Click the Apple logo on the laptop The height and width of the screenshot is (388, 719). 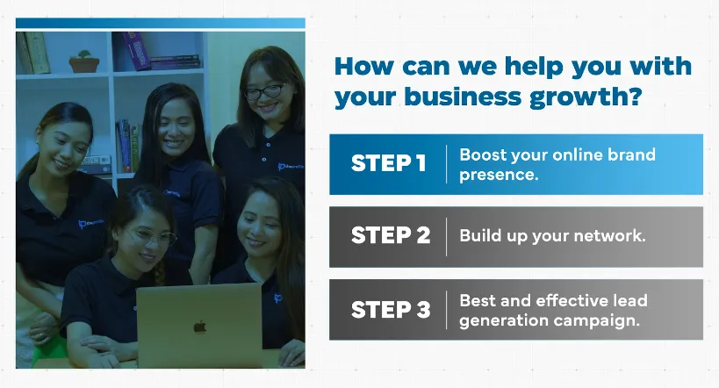point(199,327)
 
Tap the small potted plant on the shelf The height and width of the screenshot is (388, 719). point(84,61)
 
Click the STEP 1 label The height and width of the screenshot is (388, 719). point(389,163)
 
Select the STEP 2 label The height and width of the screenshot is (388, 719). point(391,235)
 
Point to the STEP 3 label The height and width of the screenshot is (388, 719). point(391,310)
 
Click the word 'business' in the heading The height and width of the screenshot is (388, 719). point(463,97)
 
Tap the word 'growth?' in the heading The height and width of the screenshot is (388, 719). point(586,97)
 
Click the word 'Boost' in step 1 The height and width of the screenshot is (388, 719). point(482,155)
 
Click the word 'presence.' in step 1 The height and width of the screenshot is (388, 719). point(499,176)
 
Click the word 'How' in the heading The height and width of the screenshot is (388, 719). point(364,66)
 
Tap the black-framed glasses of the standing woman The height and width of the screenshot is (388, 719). point(265,90)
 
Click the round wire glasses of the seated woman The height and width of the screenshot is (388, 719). point(151,237)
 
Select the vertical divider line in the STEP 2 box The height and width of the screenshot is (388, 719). point(446,237)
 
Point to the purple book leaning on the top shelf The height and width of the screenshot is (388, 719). point(137,50)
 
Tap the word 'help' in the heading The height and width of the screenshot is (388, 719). point(533,68)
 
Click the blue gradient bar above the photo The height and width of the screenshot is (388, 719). point(161,23)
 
